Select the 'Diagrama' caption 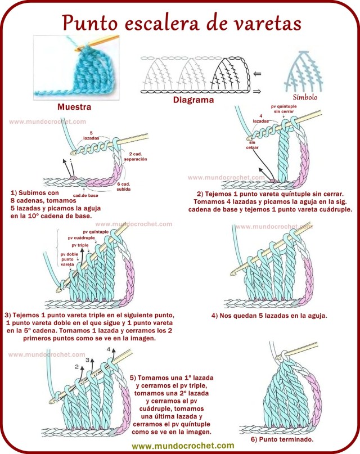[x=193, y=100]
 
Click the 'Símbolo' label [x=305, y=97]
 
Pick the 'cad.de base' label [x=85, y=195]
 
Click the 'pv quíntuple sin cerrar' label [x=285, y=109]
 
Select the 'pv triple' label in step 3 [x=80, y=245]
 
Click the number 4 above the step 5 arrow [x=109, y=349]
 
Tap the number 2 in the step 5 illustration [x=76, y=366]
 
